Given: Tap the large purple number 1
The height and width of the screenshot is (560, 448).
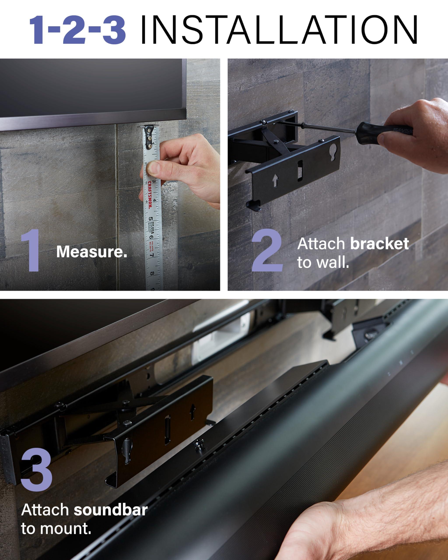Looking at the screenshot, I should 31,251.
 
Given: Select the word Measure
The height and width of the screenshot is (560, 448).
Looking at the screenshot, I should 91,252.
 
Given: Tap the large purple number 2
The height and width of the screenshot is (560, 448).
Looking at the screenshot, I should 268,251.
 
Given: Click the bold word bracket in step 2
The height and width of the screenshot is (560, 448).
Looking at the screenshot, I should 380,244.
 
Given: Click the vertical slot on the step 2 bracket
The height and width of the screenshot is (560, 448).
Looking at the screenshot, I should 300,170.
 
